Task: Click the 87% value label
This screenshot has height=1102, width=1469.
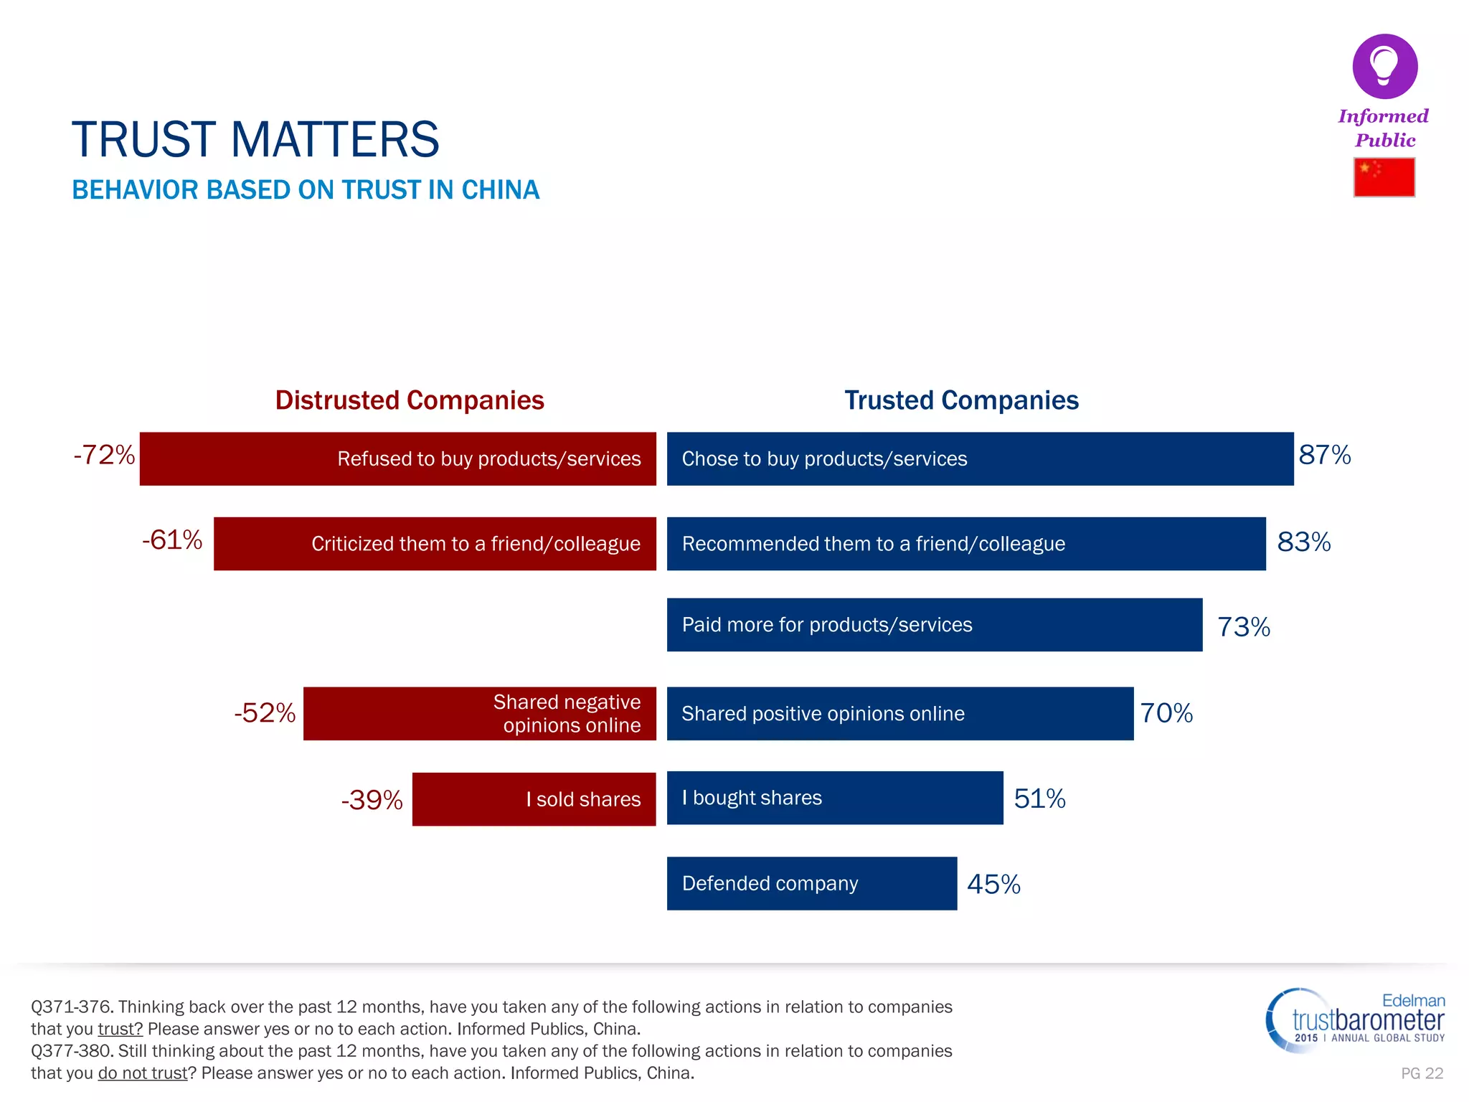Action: (x=1324, y=455)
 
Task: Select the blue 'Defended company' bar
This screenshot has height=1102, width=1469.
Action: (x=811, y=883)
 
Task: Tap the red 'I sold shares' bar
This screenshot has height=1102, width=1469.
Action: (x=534, y=799)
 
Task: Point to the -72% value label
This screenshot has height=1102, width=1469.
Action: (x=104, y=455)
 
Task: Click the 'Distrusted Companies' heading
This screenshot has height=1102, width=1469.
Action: (x=410, y=400)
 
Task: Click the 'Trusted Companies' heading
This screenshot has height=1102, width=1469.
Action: (x=961, y=400)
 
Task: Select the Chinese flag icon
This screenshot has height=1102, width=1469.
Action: (x=1384, y=177)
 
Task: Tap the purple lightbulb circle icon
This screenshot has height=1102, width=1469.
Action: (x=1384, y=66)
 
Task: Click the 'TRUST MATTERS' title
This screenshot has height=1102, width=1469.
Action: (x=255, y=139)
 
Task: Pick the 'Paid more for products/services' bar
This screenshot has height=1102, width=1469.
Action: (x=934, y=625)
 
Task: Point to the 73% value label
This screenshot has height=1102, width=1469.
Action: (x=1243, y=627)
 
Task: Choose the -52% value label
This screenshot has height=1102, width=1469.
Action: (x=265, y=713)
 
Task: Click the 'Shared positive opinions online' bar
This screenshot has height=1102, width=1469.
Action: (x=899, y=714)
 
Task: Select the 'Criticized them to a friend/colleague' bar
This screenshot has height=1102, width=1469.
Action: (x=435, y=544)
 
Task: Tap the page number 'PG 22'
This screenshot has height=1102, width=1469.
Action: (x=1422, y=1073)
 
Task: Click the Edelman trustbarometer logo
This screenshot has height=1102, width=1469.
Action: (x=1356, y=1020)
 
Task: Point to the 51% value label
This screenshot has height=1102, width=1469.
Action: (x=1039, y=799)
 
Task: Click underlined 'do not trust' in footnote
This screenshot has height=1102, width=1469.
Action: (x=143, y=1073)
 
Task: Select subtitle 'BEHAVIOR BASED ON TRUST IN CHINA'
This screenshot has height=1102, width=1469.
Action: (x=306, y=190)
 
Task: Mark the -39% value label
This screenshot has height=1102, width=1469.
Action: (x=372, y=800)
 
